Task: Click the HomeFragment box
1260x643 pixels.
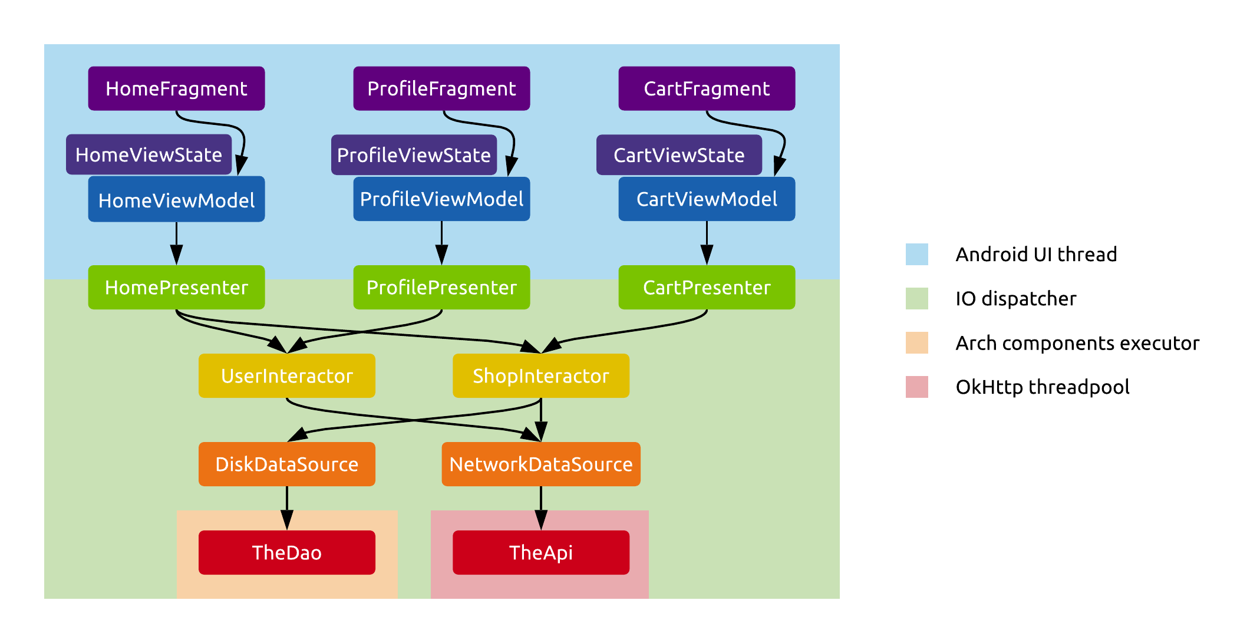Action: click(x=176, y=88)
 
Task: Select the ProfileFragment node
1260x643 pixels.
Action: click(x=441, y=88)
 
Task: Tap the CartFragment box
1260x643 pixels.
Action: click(x=707, y=88)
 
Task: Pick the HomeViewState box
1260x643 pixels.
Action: click(x=149, y=154)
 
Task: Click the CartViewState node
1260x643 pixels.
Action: click(x=679, y=155)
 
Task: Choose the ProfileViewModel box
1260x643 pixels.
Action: click(x=441, y=199)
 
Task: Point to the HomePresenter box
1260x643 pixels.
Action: click(x=176, y=288)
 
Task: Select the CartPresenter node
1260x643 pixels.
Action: click(x=707, y=288)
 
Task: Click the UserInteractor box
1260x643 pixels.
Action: click(x=287, y=376)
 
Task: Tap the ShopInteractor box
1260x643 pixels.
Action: click(x=541, y=376)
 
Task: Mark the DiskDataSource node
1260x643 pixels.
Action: click(x=287, y=464)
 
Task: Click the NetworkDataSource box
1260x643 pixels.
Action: click(x=541, y=464)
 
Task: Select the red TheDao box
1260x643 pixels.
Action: click(x=287, y=553)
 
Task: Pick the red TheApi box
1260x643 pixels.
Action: click(x=541, y=553)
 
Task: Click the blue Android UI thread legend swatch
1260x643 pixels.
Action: click(x=916, y=255)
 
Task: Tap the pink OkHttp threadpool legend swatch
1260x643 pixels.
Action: click(x=916, y=387)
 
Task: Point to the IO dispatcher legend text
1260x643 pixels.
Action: click(x=1015, y=299)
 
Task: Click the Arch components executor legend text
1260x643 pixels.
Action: click(x=1077, y=343)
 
